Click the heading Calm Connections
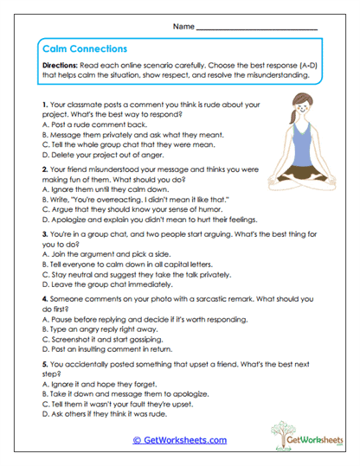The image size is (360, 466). coord(85,49)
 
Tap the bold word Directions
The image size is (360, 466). coord(61,66)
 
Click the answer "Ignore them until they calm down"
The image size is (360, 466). coord(108,188)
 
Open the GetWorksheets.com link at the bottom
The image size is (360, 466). coord(179,440)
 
